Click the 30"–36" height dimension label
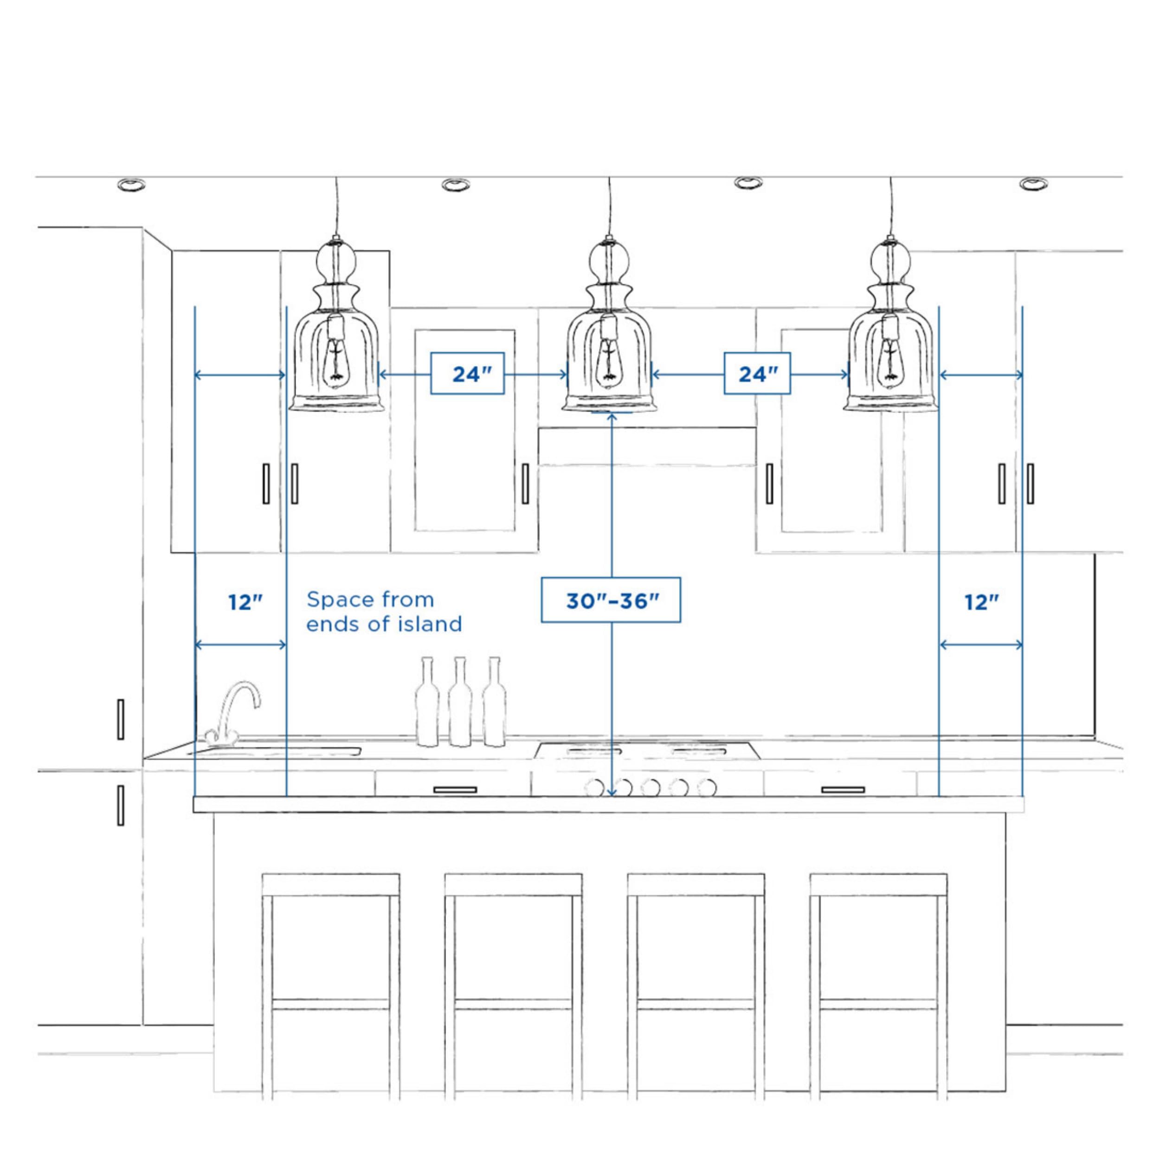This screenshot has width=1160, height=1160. point(611,600)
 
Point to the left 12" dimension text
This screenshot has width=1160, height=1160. point(245,602)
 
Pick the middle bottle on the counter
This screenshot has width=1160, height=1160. point(460,702)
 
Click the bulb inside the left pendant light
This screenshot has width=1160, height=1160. point(335,360)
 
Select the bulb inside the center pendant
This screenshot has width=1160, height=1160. point(609,360)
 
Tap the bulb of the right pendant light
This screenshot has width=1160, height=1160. point(889,360)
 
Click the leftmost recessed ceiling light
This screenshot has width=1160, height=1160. point(131,184)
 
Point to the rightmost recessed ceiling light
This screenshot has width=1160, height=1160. point(1033,184)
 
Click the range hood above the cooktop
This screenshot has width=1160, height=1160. point(647,446)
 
